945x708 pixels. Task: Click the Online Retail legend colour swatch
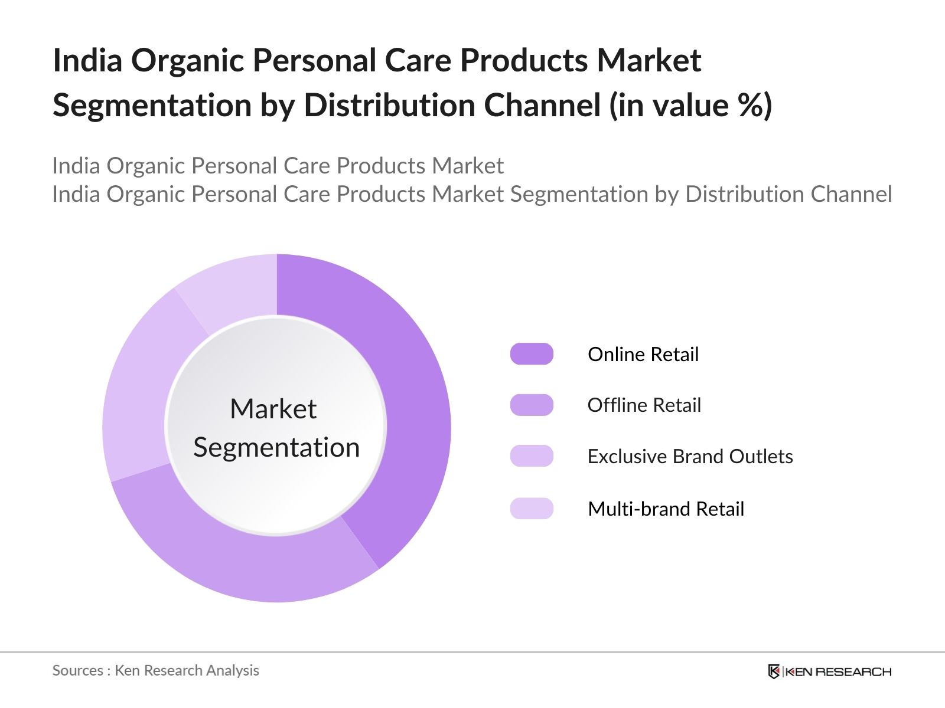click(x=532, y=354)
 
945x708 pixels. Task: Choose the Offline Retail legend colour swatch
click(x=532, y=405)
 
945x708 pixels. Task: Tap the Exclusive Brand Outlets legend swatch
click(x=532, y=456)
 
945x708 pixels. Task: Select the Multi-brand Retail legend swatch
click(x=532, y=509)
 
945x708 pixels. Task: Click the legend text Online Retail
click(x=643, y=354)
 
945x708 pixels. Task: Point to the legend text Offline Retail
click(x=644, y=405)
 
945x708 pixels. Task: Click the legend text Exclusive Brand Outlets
click(x=690, y=456)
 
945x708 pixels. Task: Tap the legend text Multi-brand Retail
click(x=666, y=509)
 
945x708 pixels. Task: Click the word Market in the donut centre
click(x=273, y=409)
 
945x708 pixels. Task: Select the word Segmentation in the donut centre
click(x=276, y=447)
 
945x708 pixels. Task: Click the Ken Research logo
click(x=829, y=671)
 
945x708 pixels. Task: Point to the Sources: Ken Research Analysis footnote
click(x=155, y=670)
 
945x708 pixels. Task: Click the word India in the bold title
click(x=87, y=60)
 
